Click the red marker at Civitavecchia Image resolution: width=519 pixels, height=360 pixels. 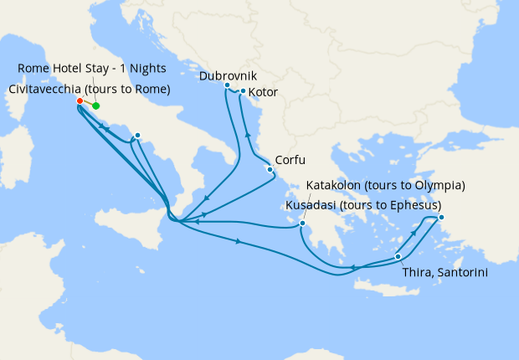coord(80,102)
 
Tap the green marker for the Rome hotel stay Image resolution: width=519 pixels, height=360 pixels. coord(96,106)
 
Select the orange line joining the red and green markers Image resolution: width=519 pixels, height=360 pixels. coord(88,104)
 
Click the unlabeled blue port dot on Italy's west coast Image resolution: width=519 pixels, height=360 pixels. coord(137,135)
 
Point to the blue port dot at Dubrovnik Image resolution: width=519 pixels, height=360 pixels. coord(227,85)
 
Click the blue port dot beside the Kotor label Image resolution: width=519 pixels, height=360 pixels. coord(243,91)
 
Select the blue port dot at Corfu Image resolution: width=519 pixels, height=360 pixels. coord(270,170)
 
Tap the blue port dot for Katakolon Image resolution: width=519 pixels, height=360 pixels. coord(302,224)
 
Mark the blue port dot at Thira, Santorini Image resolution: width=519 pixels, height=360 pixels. coord(398,256)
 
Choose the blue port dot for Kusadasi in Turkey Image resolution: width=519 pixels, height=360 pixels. coord(441,218)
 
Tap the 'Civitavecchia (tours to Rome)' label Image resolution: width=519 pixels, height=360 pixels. coord(90,89)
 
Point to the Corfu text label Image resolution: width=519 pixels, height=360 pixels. coord(290,160)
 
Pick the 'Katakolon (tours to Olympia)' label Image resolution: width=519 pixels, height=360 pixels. coord(386,185)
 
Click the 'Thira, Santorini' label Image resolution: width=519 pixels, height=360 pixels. coord(444,273)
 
